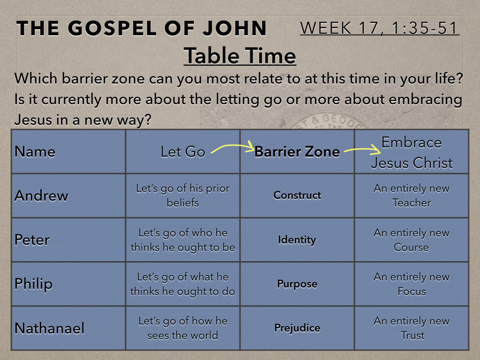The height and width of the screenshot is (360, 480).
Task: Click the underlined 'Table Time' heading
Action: pos(240,56)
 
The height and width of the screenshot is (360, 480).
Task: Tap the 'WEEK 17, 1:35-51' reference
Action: pos(379,28)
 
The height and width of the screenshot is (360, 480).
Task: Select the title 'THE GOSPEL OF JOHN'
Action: pos(142,28)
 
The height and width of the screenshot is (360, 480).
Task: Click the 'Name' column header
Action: pos(35,151)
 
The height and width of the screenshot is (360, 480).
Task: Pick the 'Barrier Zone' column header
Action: pos(297,151)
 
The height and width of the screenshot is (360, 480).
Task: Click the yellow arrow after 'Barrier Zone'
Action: pos(362,150)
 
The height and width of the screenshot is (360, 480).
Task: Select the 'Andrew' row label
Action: pos(41,195)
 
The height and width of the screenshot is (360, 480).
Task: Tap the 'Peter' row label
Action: pos(32,240)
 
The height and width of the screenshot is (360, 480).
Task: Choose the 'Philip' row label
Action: pos(33,284)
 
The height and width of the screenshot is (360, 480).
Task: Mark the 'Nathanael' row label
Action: pos(49,328)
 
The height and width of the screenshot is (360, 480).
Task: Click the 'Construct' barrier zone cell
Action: pos(297,195)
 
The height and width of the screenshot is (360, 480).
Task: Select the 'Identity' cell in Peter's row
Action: pos(297,240)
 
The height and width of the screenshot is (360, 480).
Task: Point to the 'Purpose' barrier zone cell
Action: pos(297,284)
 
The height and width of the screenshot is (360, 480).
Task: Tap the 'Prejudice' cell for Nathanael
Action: pos(297,328)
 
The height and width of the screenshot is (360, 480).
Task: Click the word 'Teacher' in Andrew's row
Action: pos(412,202)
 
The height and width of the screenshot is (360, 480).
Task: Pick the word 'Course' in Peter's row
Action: pos(412,247)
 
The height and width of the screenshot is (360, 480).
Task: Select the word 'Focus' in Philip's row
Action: pos(412,291)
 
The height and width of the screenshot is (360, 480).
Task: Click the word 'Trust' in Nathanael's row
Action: pos(412,336)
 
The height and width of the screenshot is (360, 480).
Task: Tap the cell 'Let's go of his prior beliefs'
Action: pos(183,195)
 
